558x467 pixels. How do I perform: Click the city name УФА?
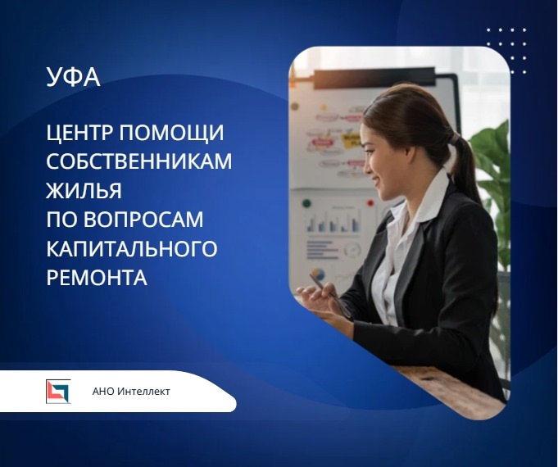74,78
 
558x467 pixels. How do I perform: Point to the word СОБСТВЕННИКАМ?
139,161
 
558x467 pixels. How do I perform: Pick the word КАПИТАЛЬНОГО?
132,248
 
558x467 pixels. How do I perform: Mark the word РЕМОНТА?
97,277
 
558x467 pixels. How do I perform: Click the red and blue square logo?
58,392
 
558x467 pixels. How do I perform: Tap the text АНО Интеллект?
131,392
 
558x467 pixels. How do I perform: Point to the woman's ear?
407,152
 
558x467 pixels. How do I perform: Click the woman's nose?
366,161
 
